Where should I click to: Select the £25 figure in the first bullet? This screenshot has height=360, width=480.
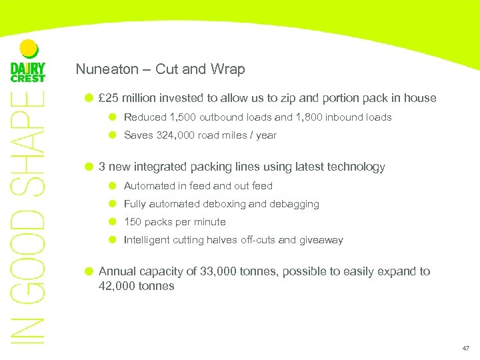click(x=109, y=99)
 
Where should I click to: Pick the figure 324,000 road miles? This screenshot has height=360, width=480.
click(x=175, y=135)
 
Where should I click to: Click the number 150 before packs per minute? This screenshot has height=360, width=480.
click(x=133, y=222)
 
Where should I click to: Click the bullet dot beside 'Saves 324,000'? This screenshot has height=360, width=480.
click(x=113, y=135)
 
